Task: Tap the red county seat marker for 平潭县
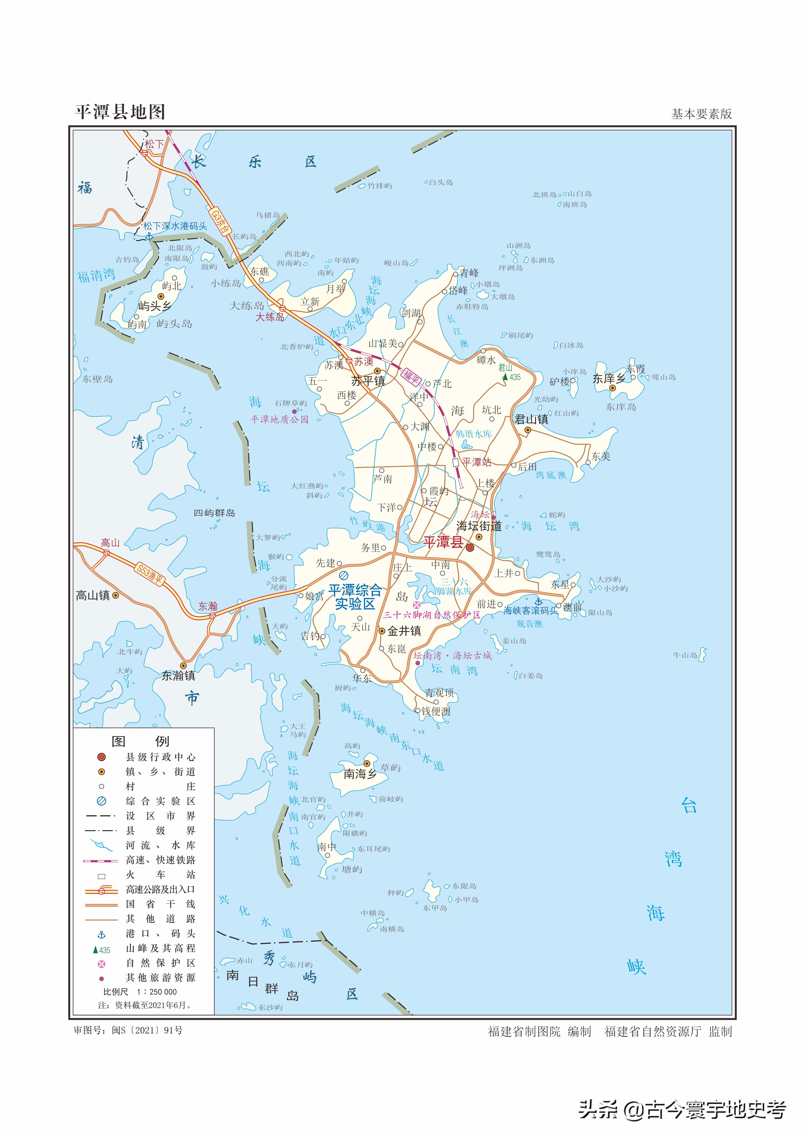click(470, 548)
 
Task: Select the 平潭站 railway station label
click(476, 463)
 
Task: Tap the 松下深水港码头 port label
click(175, 226)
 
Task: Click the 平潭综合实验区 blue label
click(355, 597)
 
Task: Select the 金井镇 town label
click(404, 631)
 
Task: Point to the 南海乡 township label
click(360, 774)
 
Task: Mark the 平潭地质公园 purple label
click(280, 419)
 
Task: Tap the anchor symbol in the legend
click(102, 934)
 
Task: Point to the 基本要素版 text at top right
click(702, 114)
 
